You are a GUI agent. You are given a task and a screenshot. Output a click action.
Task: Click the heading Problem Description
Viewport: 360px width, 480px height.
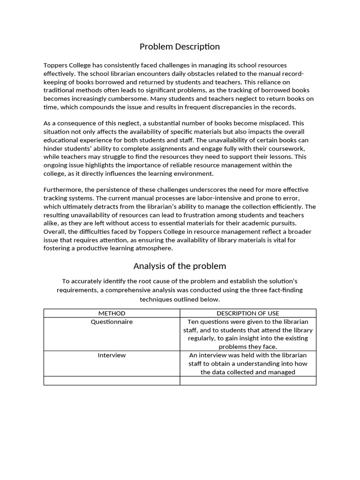(x=180, y=46)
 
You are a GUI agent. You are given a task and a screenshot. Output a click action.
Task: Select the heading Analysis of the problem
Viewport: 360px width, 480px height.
(x=180, y=266)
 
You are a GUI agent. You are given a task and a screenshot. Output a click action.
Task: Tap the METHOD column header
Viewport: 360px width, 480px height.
(x=112, y=313)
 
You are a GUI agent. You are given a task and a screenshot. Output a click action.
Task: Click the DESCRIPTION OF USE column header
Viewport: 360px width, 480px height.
(x=247, y=313)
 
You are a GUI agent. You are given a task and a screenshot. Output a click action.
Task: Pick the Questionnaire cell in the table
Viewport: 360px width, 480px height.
(x=112, y=322)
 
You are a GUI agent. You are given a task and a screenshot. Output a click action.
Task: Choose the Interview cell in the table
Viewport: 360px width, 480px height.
(x=112, y=355)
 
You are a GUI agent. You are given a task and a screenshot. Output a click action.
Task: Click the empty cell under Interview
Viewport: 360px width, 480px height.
(x=112, y=381)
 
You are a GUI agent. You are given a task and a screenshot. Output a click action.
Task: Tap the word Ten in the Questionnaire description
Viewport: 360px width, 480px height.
(x=193, y=322)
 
